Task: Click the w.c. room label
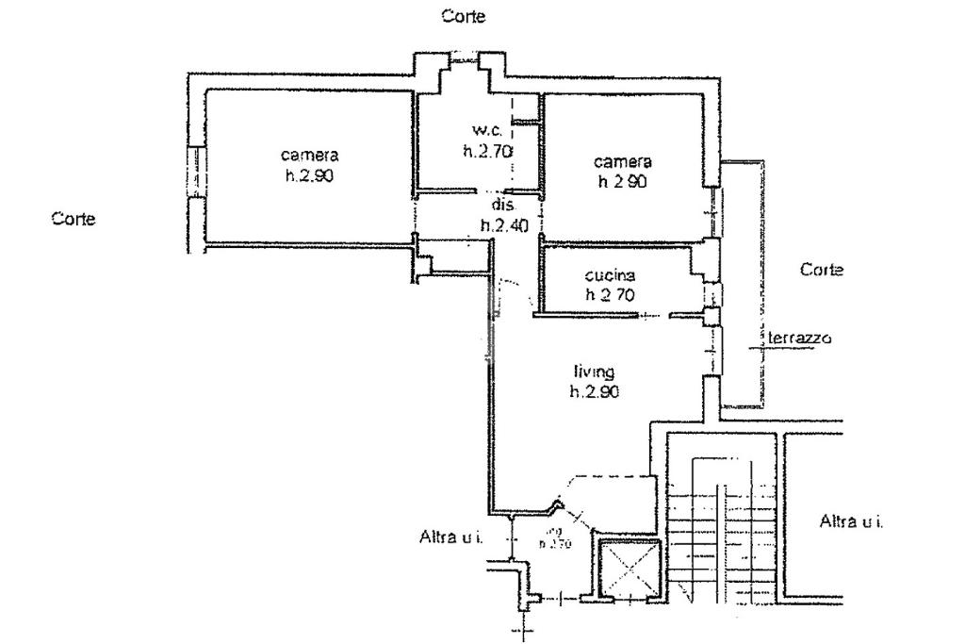[487, 129]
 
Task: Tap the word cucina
[610, 275]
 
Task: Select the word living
[594, 372]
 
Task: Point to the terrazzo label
[800, 338]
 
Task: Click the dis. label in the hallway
[500, 205]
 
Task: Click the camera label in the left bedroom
[309, 155]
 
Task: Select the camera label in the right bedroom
[622, 161]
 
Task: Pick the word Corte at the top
[464, 16]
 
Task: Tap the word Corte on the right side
[821, 270]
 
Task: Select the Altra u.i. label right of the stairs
[851, 520]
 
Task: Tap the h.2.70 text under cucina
[610, 294]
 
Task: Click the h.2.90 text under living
[594, 392]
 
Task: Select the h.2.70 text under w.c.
[486, 150]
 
